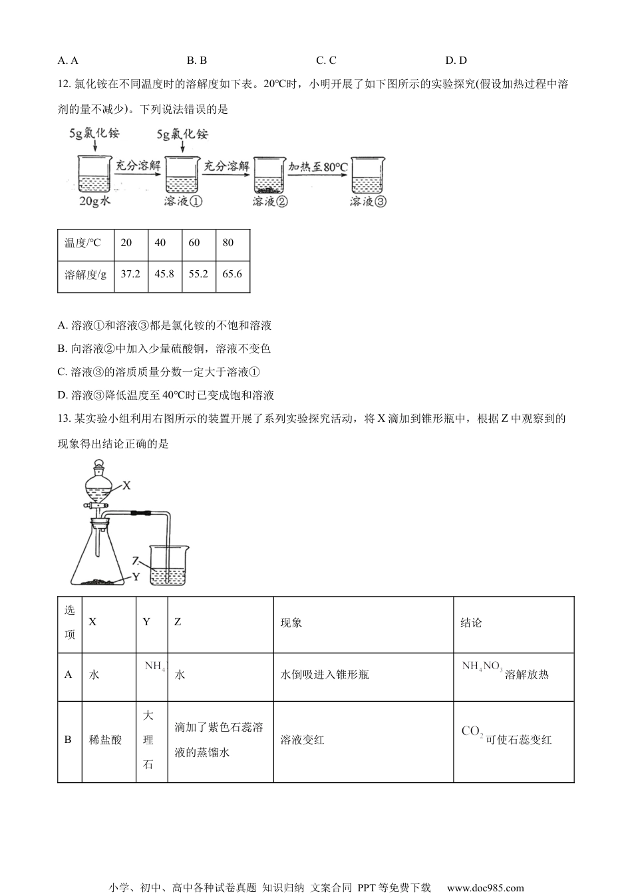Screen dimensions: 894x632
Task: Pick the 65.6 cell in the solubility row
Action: coord(232,273)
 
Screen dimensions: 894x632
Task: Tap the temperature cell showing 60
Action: coord(194,243)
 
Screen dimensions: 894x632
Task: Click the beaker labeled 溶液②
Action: coord(269,178)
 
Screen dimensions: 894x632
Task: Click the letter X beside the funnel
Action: coord(126,486)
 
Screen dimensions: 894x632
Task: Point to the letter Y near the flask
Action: coord(136,577)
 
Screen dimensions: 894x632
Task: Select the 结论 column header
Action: coord(471,623)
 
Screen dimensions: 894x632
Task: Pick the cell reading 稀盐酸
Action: coord(105,740)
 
